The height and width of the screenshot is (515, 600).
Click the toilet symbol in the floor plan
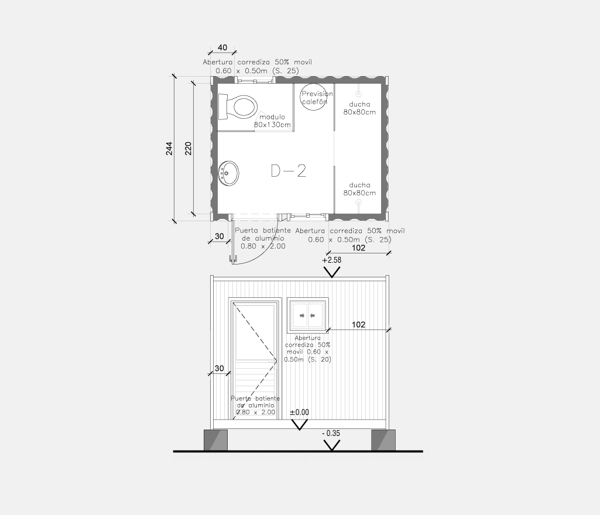coord(238,107)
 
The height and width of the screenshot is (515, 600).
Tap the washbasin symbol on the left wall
coord(229,173)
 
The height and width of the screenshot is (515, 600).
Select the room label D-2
coord(289,171)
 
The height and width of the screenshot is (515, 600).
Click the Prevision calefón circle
coord(313,97)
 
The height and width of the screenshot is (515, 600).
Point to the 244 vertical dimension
coord(169,149)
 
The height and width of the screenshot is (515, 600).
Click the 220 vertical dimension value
coord(188,149)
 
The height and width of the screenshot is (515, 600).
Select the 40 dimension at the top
coord(222,47)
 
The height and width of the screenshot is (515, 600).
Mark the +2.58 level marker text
coord(332,260)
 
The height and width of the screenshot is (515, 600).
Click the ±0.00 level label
coord(299,413)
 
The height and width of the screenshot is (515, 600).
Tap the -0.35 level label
coord(331,434)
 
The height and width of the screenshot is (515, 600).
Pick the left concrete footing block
coord(215,440)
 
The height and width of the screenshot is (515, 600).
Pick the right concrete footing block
coord(383,440)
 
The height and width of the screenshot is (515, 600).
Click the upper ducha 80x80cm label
coord(359,108)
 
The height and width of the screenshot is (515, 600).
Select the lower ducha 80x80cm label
coord(359,189)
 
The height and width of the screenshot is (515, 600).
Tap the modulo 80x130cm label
coord(272,121)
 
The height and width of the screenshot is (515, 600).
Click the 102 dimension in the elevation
coord(359,325)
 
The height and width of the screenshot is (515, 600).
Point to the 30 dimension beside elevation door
coord(220,369)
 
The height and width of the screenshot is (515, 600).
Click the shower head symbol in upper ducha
coord(359,94)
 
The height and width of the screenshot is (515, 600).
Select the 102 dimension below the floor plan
coord(359,248)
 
